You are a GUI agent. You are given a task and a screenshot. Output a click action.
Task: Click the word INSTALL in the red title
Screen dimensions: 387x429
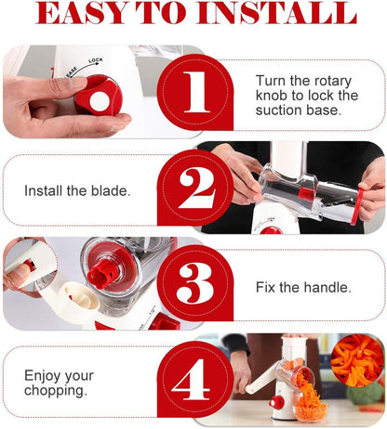pyautogui.click(x=277, y=13)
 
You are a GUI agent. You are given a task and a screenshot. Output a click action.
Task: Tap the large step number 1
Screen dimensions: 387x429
pyautogui.click(x=194, y=92)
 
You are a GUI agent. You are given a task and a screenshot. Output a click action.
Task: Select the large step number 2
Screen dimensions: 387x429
pyautogui.click(x=196, y=188)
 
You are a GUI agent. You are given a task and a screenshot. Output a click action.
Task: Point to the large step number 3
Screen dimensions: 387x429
pyautogui.click(x=195, y=283)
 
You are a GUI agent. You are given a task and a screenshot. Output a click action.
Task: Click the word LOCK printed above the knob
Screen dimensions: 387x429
pyautogui.click(x=96, y=60)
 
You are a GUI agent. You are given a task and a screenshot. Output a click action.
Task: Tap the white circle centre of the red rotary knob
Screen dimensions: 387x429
pyautogui.click(x=100, y=101)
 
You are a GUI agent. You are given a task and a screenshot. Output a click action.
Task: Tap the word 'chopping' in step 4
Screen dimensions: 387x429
pyautogui.click(x=56, y=391)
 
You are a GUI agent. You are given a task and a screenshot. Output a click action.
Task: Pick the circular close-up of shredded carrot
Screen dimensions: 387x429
pyautogui.click(x=357, y=360)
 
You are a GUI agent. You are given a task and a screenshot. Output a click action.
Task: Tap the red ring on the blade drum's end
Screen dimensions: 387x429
pyautogui.click(x=357, y=205)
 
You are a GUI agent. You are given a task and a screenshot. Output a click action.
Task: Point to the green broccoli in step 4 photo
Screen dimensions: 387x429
pyautogui.click(x=366, y=393)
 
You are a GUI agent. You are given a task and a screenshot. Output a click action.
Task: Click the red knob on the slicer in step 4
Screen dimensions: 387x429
pyautogui.click(x=277, y=402)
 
